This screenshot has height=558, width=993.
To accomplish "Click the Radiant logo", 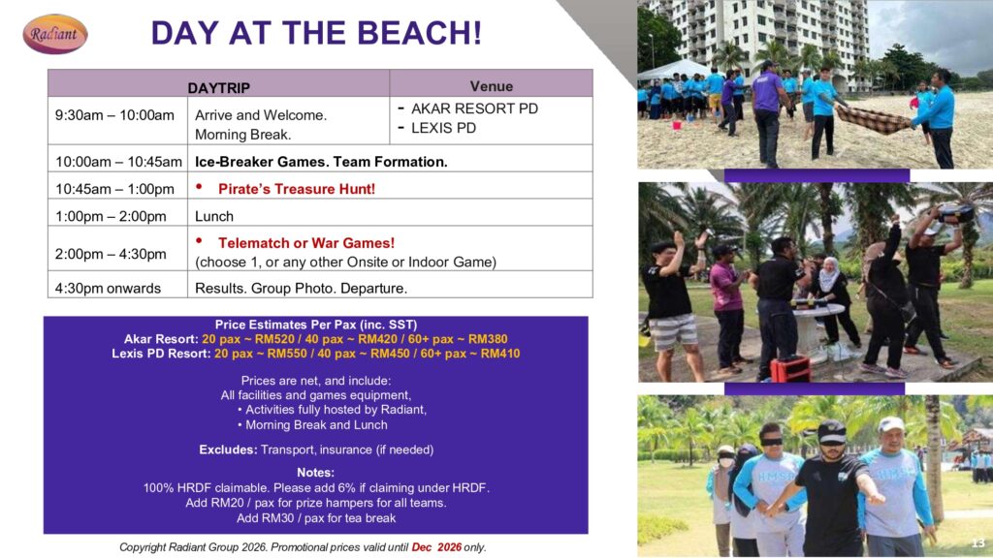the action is [55, 34].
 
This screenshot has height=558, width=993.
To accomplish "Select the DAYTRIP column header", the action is [218, 87].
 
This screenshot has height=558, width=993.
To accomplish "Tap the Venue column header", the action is [492, 86].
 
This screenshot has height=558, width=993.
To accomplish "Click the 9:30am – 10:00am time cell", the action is [114, 115].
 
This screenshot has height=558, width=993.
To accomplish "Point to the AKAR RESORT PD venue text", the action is [474, 108].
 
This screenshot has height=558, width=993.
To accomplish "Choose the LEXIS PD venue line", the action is [443, 128].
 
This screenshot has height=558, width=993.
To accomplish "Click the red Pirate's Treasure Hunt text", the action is [297, 189].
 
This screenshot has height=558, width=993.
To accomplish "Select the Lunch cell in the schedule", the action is [214, 216].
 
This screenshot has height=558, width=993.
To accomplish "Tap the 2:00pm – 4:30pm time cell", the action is [111, 254].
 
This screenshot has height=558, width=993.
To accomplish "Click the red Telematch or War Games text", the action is [306, 243].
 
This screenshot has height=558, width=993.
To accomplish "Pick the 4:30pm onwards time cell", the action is [108, 289].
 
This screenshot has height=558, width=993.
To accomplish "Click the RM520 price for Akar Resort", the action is [274, 339].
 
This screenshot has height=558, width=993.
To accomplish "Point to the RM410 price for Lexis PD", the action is [500, 354].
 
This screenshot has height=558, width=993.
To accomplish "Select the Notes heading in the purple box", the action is [315, 473].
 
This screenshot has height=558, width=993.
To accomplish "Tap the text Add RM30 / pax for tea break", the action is [316, 518].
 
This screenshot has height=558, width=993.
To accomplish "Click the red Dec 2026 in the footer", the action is [436, 547].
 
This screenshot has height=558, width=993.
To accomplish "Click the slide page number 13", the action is [977, 542].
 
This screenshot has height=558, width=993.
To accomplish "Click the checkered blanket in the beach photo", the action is [873, 119].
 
